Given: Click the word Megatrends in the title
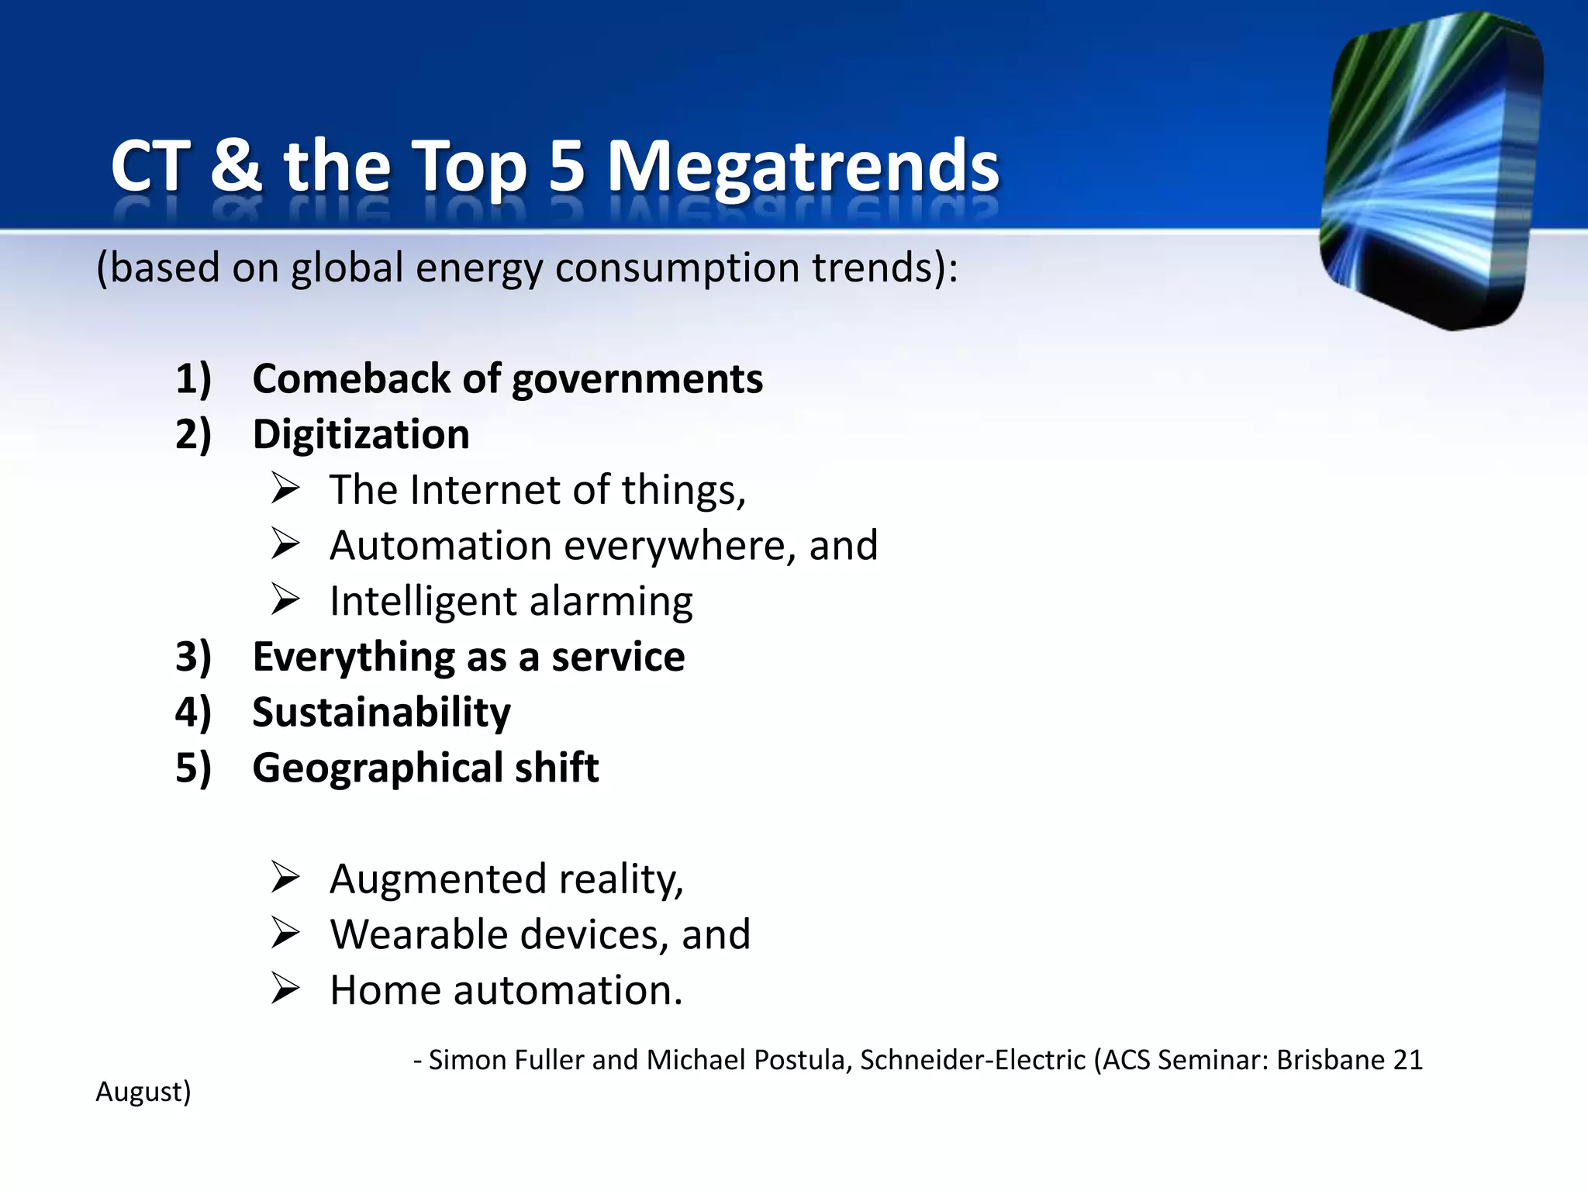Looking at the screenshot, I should coord(803,167).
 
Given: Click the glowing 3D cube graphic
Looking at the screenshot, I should coord(1431,171).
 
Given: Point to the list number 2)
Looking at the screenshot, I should coord(193,434).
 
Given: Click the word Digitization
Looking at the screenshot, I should coord(361,434).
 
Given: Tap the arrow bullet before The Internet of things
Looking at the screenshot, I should coord(285,489).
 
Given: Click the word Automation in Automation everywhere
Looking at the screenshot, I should coord(440,545).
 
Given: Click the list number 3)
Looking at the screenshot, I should coord(193,657).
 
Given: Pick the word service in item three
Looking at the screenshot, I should coord(618,657).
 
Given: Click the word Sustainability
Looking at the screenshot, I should coord(381,713).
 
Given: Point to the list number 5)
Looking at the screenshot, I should coord(193,768).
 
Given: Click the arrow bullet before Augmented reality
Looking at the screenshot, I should coord(285,879).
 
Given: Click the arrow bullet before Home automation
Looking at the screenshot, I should coord(285,990).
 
